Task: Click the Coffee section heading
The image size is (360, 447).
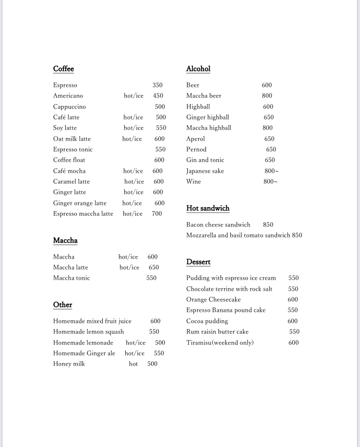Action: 63,69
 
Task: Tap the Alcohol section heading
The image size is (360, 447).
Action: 198,69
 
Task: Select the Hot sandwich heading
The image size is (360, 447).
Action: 208,209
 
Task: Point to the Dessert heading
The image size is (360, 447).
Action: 198,262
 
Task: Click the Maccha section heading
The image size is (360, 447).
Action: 65,241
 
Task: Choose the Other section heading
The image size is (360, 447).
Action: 62,305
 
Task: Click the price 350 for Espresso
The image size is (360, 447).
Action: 157,85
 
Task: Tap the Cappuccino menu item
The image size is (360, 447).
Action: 70,107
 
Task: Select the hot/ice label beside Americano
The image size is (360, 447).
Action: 133,96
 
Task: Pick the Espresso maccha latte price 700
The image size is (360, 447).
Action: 157,214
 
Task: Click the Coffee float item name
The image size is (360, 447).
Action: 69,160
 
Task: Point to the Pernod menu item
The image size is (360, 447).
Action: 196,150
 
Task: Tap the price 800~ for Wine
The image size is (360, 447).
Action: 270,182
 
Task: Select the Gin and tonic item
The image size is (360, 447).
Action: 205,160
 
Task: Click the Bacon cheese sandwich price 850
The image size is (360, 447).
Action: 268,225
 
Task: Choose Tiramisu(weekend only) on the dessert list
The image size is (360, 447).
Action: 220,343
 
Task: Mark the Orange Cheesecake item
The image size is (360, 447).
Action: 214,300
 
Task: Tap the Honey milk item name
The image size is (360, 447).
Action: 69,364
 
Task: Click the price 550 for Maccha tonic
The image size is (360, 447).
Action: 151,278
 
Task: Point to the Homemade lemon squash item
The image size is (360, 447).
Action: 88,332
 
